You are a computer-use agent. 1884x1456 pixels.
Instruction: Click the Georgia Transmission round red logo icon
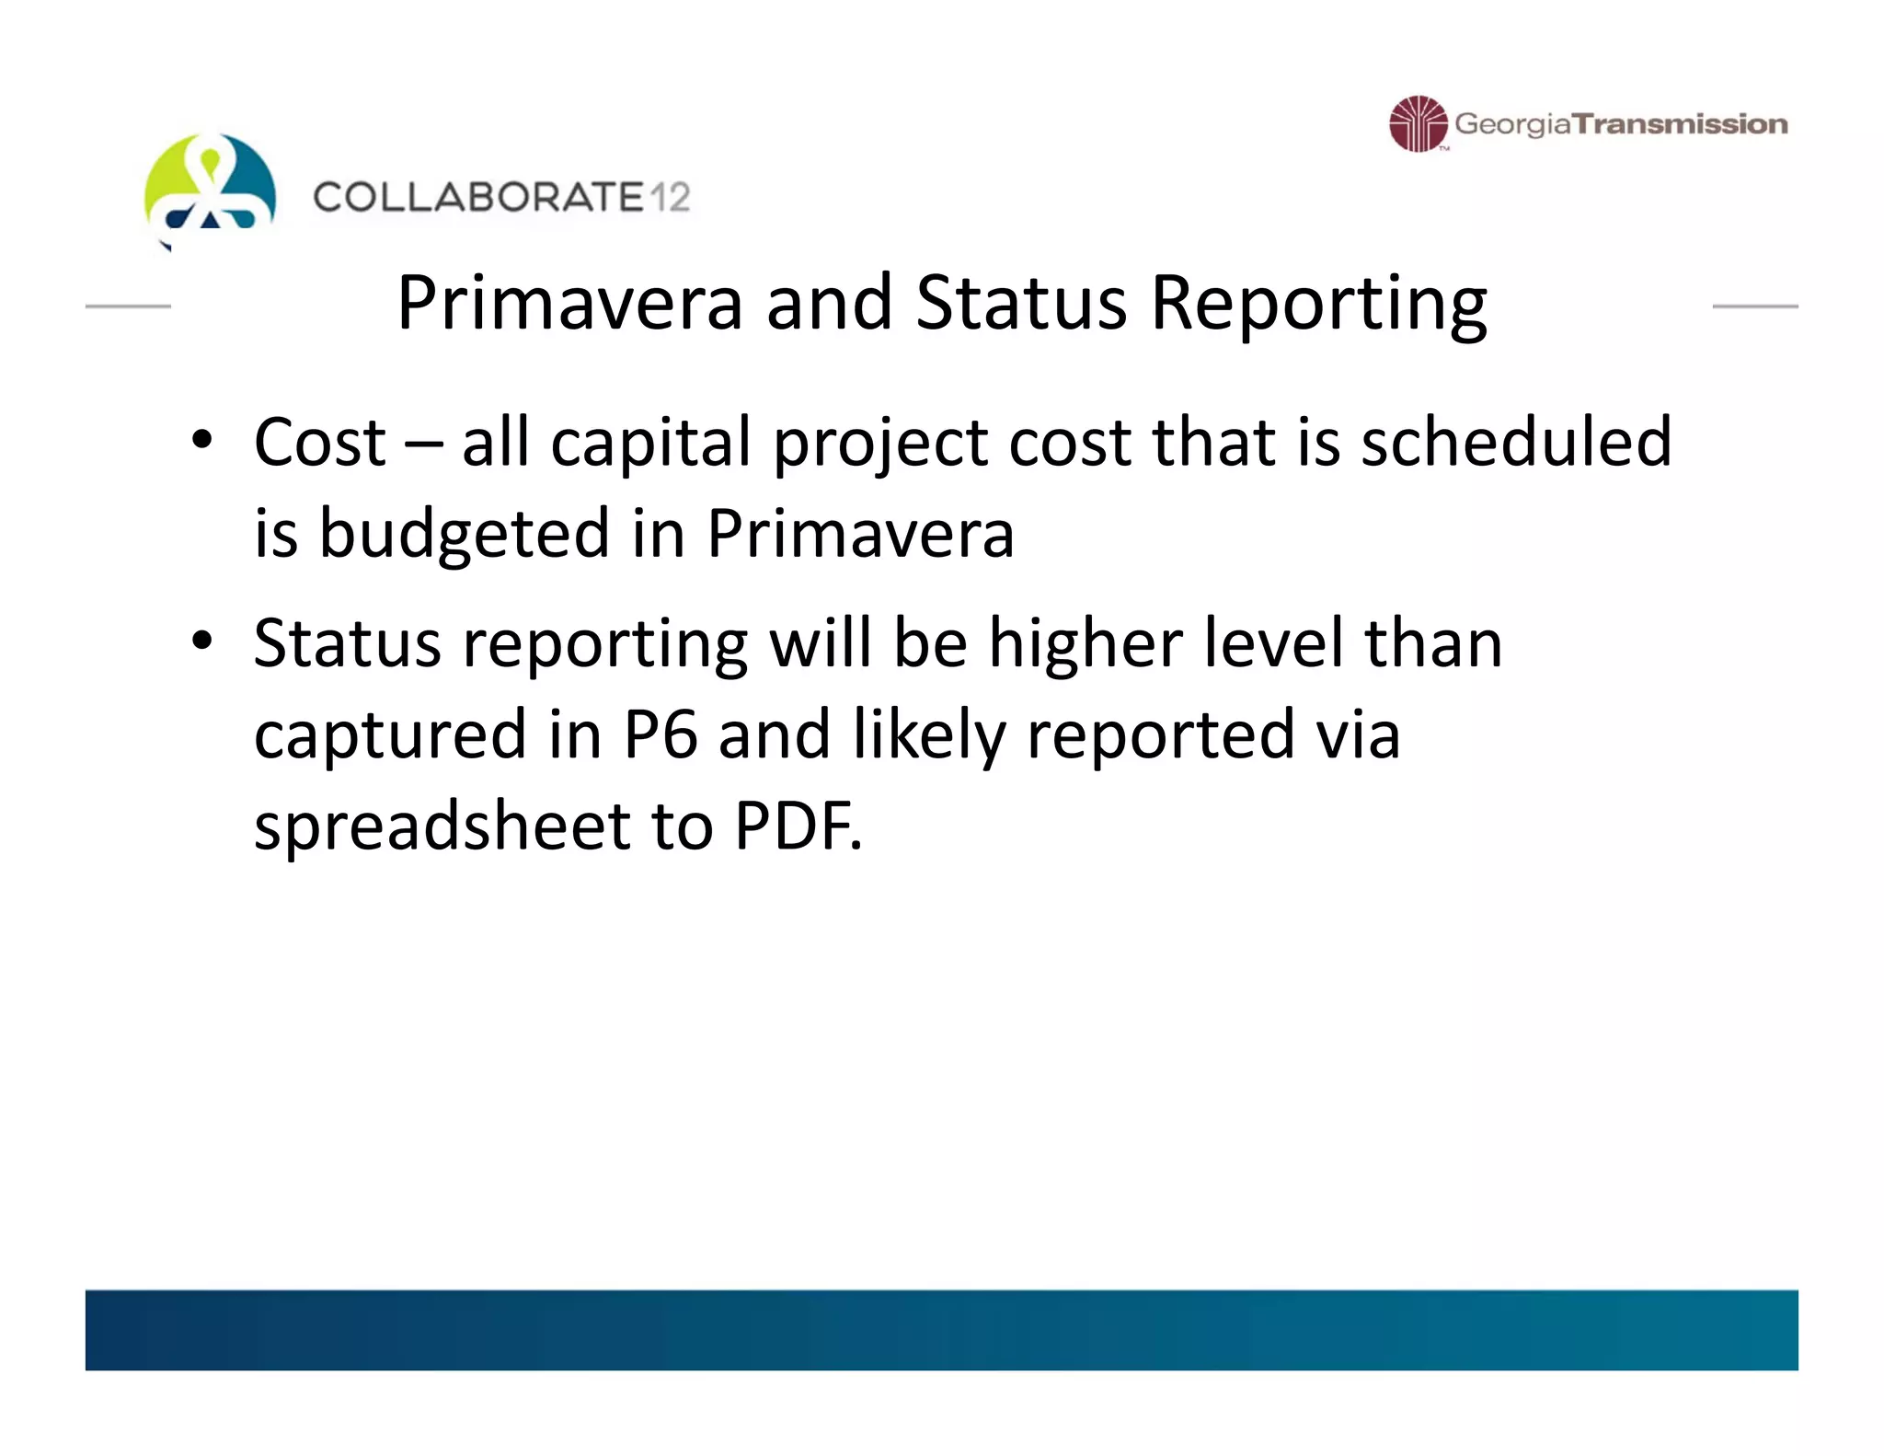tap(1418, 123)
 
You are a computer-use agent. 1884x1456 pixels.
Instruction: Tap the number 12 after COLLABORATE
tap(669, 198)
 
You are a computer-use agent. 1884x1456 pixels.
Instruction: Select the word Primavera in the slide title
tap(569, 304)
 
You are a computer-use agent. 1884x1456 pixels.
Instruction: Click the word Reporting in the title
tap(1318, 304)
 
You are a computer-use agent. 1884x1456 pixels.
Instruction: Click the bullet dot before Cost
tap(202, 441)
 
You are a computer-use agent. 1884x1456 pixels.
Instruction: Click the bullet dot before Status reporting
tap(202, 641)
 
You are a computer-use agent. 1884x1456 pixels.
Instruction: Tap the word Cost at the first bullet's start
tap(319, 443)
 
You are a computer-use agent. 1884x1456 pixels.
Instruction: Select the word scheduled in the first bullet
tap(1515, 443)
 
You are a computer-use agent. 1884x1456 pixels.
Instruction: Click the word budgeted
tap(465, 535)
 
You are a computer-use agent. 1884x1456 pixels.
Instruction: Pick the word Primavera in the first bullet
tap(860, 534)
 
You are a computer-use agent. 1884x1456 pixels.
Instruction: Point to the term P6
tap(660, 734)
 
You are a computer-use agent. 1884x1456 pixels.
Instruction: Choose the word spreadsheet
tap(442, 826)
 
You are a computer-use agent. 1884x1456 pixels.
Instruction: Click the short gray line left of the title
tap(128, 306)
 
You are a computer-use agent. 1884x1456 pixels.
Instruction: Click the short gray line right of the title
tap(1754, 306)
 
